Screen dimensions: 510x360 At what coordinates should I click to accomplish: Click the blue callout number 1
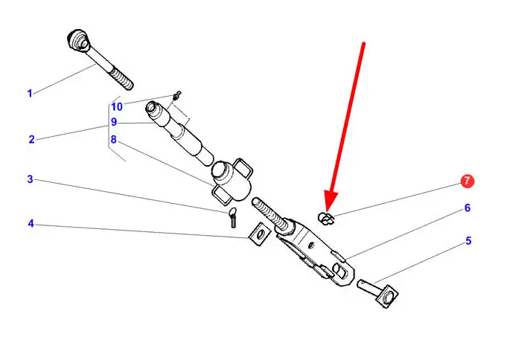[30, 93]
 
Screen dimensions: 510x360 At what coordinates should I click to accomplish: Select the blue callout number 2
[31, 139]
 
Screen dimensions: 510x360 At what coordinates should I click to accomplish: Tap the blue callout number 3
[30, 179]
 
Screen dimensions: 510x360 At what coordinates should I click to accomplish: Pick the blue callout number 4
[31, 223]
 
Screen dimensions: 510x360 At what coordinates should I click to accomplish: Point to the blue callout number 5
[468, 241]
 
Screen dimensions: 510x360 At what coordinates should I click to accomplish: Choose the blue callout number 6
[468, 208]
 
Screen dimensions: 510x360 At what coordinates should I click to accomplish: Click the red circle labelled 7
[467, 181]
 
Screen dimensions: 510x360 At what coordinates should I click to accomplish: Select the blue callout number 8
[113, 139]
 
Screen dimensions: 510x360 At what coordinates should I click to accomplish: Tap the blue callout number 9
[113, 123]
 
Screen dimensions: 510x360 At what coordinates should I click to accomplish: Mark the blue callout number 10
[117, 106]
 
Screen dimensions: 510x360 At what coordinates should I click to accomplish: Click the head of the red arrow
[329, 205]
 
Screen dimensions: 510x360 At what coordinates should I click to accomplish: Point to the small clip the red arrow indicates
[325, 217]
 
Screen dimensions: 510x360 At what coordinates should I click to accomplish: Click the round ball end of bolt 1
[77, 39]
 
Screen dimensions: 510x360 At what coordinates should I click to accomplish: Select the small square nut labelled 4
[258, 234]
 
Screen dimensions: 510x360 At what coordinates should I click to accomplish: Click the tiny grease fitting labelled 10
[176, 95]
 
